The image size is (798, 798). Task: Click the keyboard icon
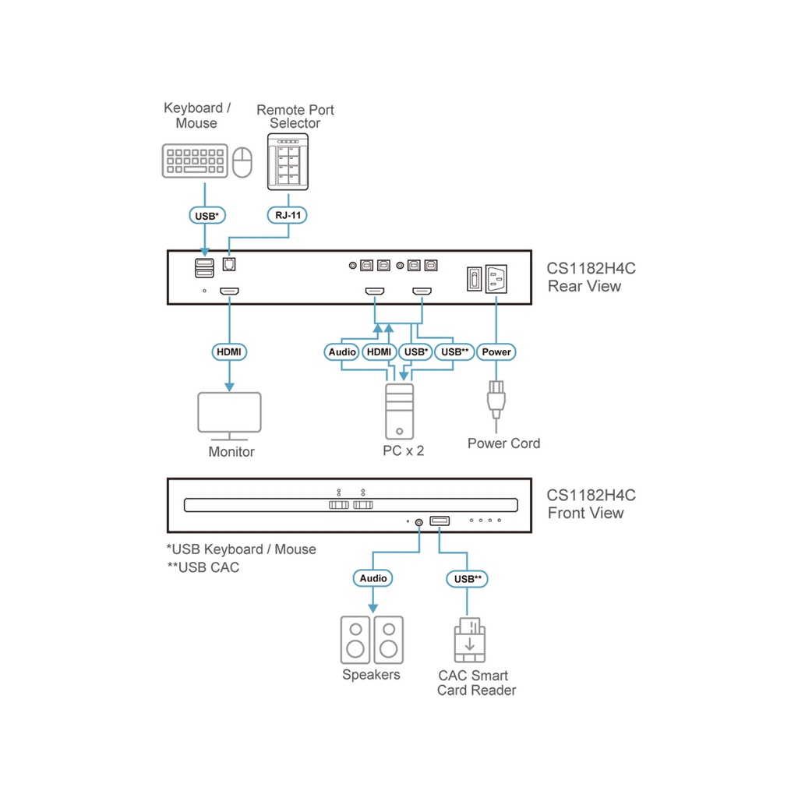pos(196,160)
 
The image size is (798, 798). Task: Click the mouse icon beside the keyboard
pos(244,162)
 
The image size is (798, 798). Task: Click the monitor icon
pos(229,417)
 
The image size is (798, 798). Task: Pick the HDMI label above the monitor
pos(229,352)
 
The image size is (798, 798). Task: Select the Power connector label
pos(496,352)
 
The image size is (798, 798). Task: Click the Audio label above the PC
pos(342,352)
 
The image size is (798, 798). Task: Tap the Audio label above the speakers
pos(373,578)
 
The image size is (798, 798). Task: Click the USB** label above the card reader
pos(467,578)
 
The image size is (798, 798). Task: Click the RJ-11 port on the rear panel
pos(229,263)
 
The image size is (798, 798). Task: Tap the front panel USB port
pos(439,521)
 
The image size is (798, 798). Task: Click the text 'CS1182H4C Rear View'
pos(590,277)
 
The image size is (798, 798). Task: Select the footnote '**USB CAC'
pos(203,567)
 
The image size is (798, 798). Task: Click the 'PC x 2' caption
pos(404,450)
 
